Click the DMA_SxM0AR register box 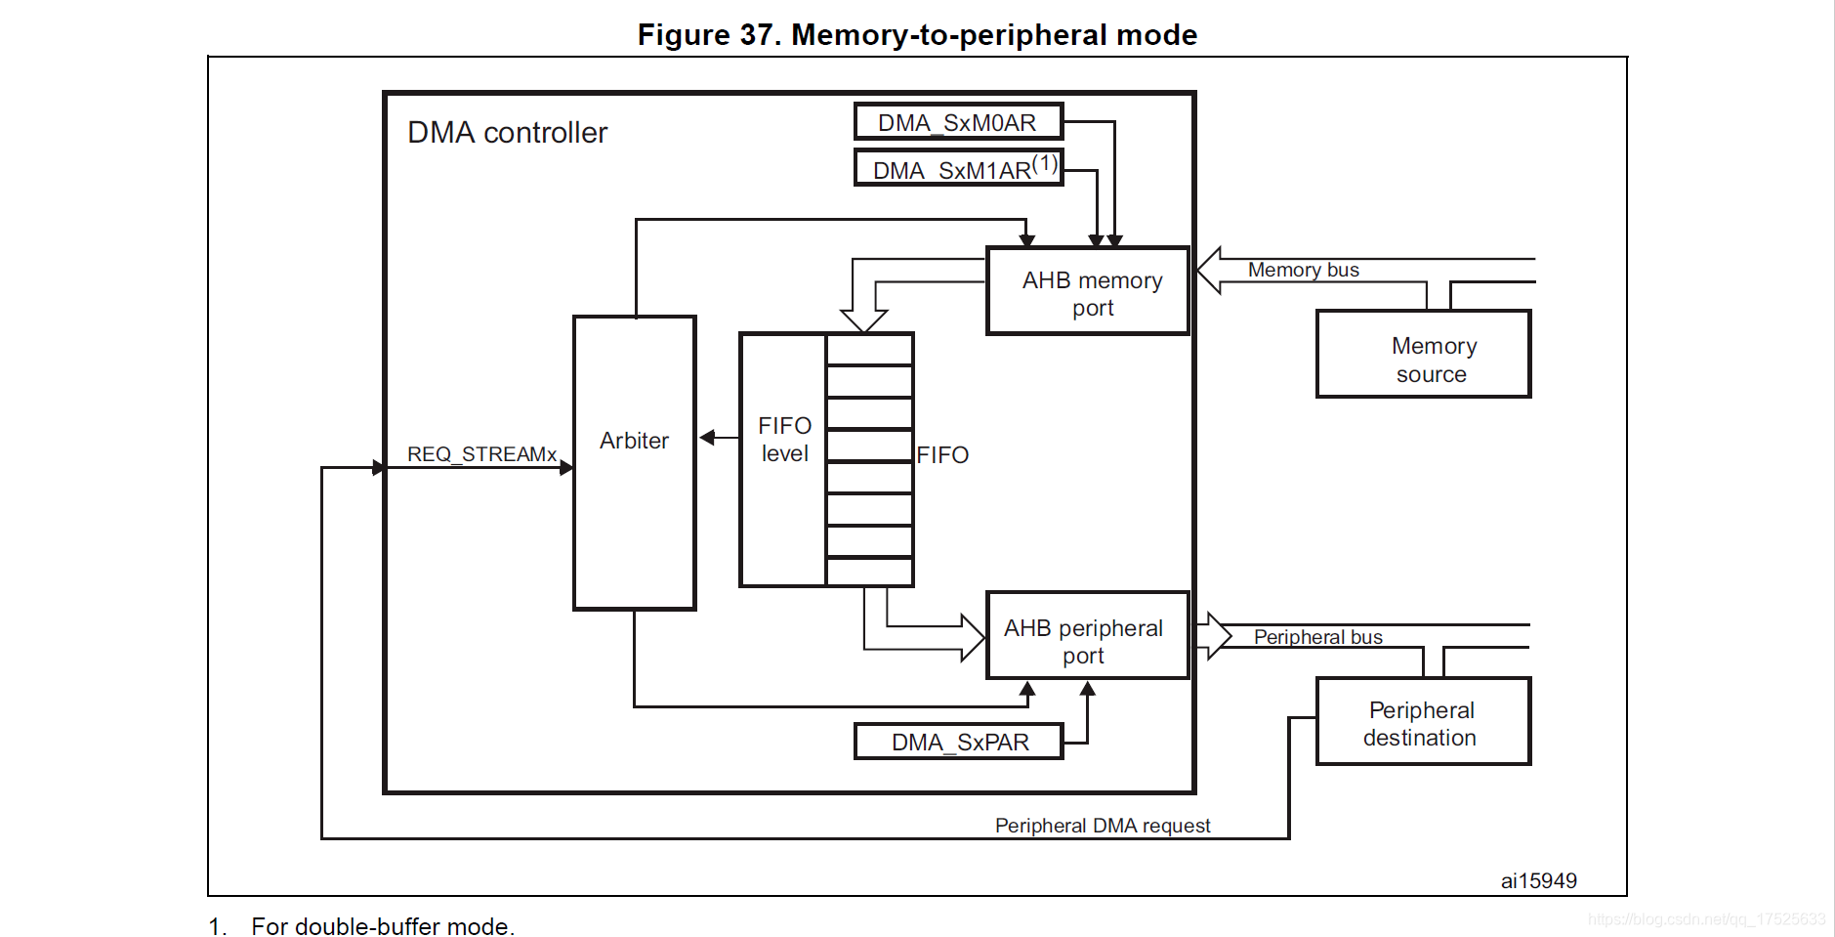(958, 122)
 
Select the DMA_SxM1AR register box (958, 167)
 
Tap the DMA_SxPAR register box (958, 742)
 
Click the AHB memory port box (1088, 291)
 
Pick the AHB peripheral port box (1088, 635)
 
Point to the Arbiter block (635, 462)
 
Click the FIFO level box (783, 459)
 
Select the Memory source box (1424, 354)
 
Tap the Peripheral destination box (1424, 721)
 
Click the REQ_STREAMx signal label (481, 454)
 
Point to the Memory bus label (1304, 270)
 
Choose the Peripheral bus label (1318, 637)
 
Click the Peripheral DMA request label (1103, 826)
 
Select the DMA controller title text (507, 132)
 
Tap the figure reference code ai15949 (1539, 880)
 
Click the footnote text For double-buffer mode (383, 925)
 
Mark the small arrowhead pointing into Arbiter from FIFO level (707, 438)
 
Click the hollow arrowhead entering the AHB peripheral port (974, 637)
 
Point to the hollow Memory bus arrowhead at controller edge (1209, 271)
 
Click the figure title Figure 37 (917, 34)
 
